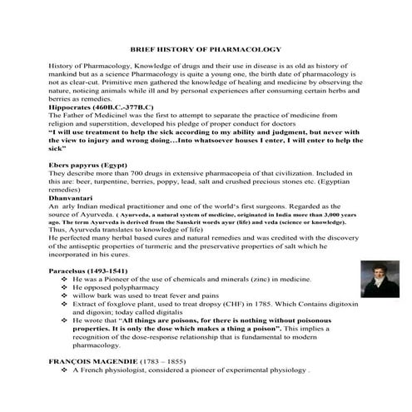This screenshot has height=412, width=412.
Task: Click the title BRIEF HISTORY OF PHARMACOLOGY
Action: (x=206, y=50)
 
